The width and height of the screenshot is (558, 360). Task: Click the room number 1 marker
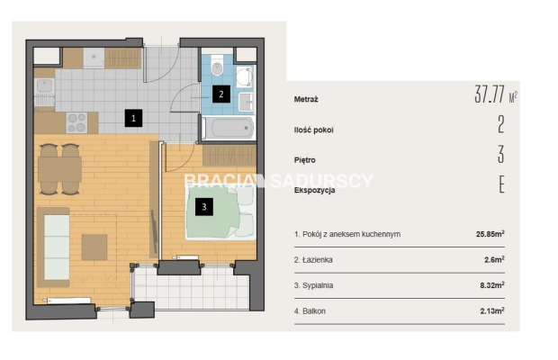point(133,118)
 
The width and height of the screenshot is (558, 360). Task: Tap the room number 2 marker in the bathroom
point(221,94)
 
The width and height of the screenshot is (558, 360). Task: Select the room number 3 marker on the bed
point(204,207)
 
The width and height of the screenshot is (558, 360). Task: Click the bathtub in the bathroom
point(229,128)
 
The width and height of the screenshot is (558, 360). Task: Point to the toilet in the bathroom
point(217,65)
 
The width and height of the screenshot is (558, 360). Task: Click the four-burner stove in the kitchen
point(76,122)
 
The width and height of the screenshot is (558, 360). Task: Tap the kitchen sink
point(44,85)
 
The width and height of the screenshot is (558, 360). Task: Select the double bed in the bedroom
point(220,212)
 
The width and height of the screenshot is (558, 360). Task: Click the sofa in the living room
point(53,247)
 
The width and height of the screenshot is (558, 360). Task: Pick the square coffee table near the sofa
point(94,247)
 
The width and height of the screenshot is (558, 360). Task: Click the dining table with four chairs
point(59,169)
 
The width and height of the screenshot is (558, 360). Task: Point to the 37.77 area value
point(490,94)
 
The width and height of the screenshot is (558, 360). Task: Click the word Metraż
point(306,100)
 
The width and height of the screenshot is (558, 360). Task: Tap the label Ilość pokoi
point(313,130)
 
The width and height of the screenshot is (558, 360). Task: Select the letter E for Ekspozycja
point(502,184)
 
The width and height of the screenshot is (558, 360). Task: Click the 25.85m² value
point(490,234)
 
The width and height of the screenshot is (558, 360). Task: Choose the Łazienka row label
point(313,260)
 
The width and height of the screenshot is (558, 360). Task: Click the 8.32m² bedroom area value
point(491,285)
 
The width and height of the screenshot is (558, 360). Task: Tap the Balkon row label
point(310,311)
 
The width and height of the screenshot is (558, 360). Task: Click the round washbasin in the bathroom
point(244,76)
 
